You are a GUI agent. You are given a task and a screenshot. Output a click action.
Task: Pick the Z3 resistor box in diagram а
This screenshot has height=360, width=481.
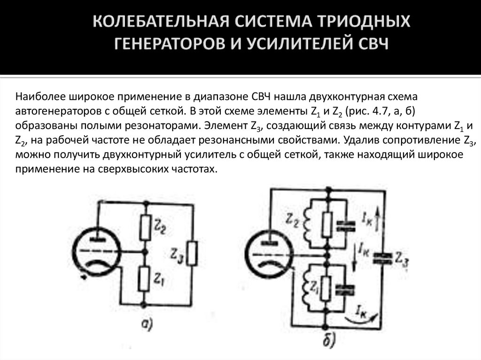(x=193, y=254)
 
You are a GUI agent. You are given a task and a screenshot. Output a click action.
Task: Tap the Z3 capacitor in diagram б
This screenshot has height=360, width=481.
(x=381, y=257)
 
